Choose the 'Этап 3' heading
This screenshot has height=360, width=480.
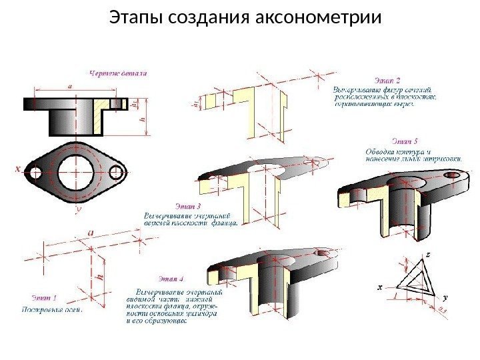[187, 205]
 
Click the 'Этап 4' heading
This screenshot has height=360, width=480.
[171, 278]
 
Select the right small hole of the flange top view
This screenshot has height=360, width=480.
[117, 171]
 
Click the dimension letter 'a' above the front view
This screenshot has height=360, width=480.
[70, 86]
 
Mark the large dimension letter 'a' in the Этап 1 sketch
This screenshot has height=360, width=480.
[89, 231]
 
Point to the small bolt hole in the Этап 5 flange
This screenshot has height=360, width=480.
[455, 172]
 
